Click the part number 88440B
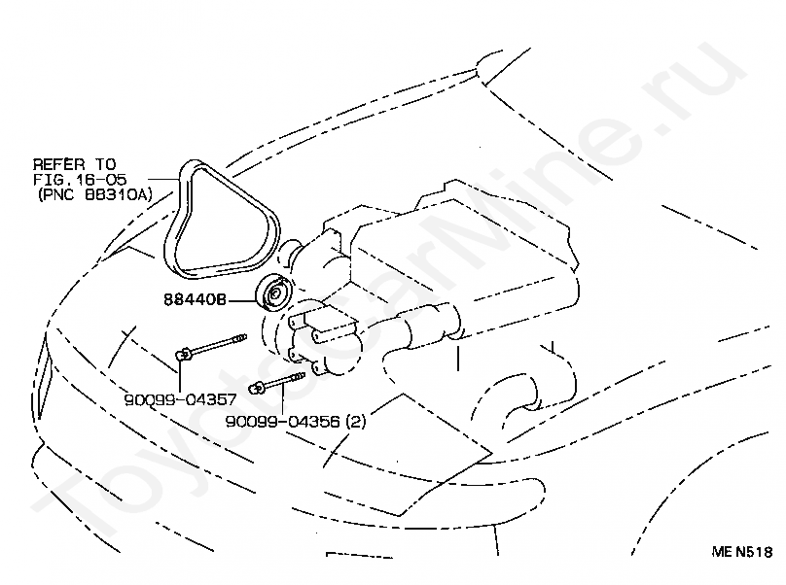(x=195, y=301)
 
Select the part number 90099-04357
(x=179, y=398)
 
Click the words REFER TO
(x=73, y=164)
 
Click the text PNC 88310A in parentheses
(x=93, y=194)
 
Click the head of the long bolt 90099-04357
(x=183, y=355)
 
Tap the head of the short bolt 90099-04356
(x=258, y=390)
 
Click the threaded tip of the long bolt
(x=240, y=339)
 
